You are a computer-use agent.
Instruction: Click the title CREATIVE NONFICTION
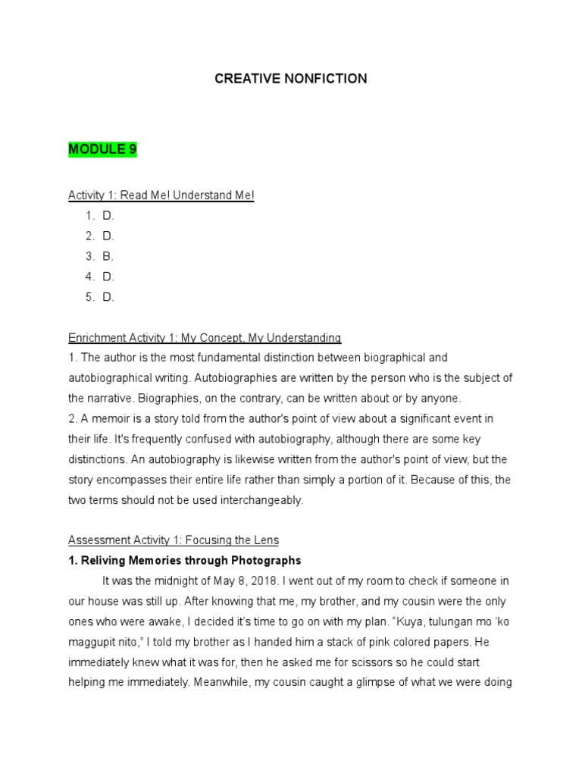click(x=291, y=79)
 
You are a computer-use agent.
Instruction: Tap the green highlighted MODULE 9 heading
click(x=102, y=149)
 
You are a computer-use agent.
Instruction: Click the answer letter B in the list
click(x=108, y=256)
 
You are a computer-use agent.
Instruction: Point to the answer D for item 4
click(x=108, y=277)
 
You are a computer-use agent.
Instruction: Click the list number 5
click(x=89, y=297)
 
